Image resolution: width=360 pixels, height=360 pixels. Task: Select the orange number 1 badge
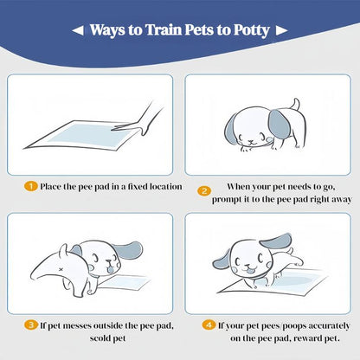point(29,186)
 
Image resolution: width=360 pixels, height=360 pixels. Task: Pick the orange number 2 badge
point(204,191)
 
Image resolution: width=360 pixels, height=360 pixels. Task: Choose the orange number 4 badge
point(209,325)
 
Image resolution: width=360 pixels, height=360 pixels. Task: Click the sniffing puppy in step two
point(258,130)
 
